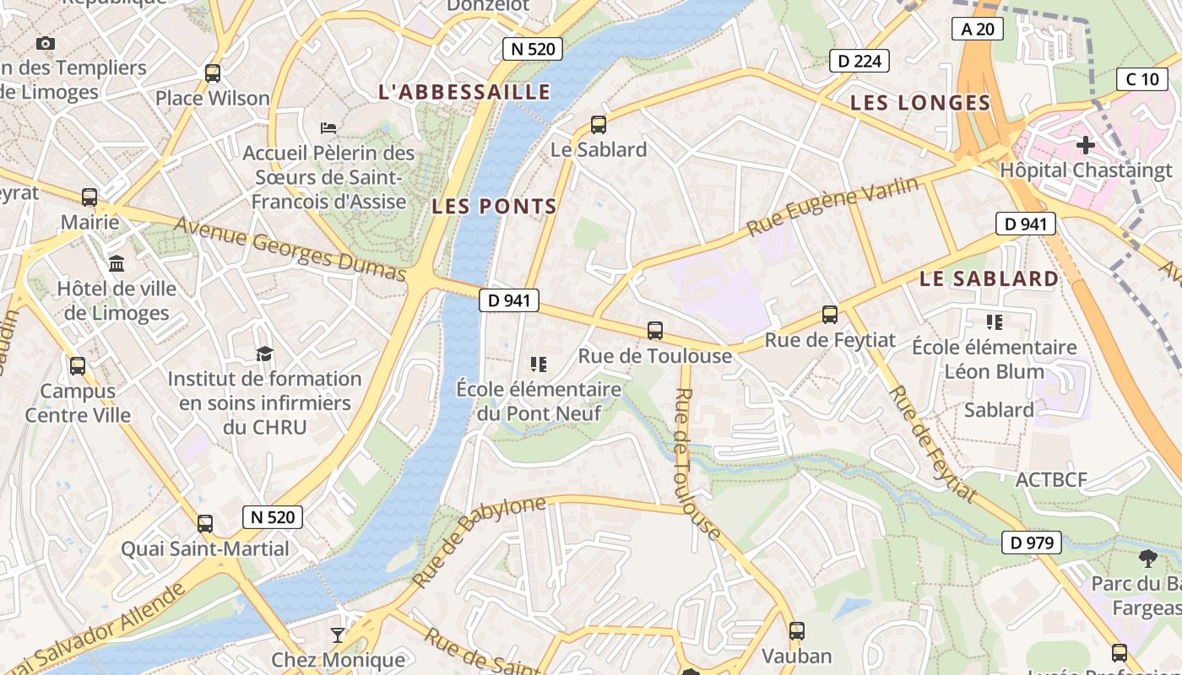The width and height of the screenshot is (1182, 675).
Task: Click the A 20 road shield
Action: [x=978, y=30]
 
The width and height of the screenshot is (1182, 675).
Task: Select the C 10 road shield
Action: [x=1142, y=79]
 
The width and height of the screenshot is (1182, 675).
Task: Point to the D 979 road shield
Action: [x=1031, y=543]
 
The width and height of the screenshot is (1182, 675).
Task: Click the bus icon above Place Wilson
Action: [x=213, y=73]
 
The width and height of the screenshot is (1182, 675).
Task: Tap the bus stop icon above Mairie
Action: [x=89, y=197]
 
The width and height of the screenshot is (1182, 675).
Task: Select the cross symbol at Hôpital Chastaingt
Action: [x=1085, y=145]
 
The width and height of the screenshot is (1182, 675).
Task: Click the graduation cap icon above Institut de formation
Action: [x=265, y=354]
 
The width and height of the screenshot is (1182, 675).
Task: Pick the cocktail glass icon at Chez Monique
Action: [x=338, y=634]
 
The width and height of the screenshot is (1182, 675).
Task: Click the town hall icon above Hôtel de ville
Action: [x=117, y=263]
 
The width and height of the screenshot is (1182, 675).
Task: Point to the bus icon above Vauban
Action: [x=796, y=630]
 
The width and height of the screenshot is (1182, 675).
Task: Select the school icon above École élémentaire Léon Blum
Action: [x=994, y=321]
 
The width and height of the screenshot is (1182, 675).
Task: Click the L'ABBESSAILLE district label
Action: [x=464, y=92]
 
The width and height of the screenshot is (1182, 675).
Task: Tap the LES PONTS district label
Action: [x=494, y=206]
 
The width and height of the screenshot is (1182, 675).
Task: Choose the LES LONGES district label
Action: [x=919, y=103]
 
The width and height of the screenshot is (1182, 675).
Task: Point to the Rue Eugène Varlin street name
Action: [x=832, y=207]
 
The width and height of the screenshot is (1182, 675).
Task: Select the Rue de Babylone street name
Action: [x=479, y=542]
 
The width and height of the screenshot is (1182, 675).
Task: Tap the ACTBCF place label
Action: [x=1051, y=480]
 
